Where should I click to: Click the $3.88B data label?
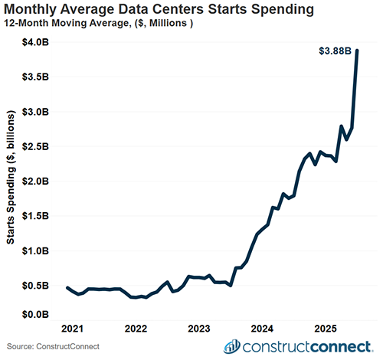coord(335,51)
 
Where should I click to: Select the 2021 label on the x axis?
coord(74,328)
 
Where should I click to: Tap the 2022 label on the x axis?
coord(136,328)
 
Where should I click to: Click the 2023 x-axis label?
coord(199,328)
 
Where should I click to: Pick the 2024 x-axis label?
coord(262,328)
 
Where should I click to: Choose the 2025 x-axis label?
coord(324,328)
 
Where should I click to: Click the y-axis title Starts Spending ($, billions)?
coord(11,178)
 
